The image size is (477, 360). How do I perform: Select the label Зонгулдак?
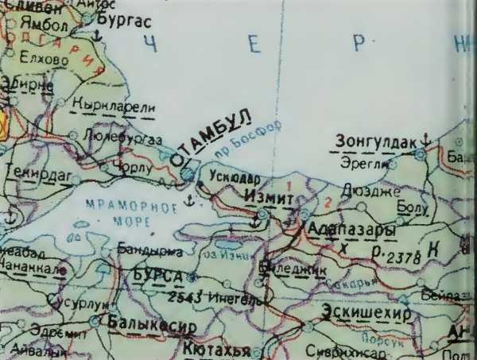point(376,141)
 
